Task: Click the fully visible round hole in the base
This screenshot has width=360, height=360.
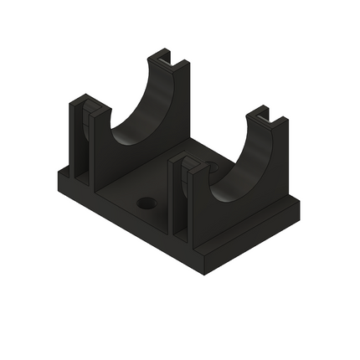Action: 147,203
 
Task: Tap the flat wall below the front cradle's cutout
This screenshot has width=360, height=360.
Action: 234,213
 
